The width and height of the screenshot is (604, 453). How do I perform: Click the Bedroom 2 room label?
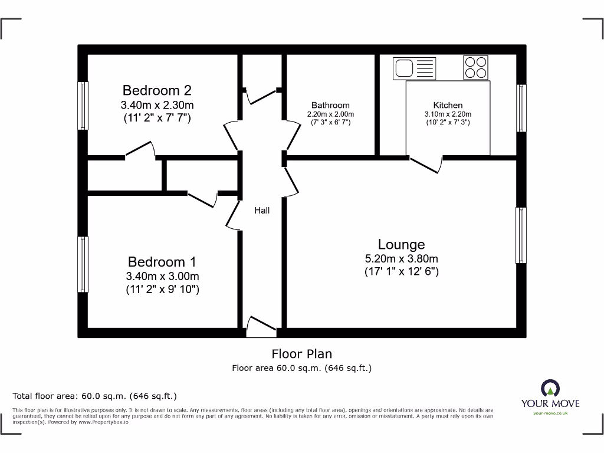coord(157,90)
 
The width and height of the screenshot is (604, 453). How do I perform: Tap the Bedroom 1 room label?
coord(162,262)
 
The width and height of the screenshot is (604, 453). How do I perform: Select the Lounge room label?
coord(401,244)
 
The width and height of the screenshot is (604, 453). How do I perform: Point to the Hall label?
coord(262,211)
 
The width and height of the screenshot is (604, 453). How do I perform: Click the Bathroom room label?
coord(330,106)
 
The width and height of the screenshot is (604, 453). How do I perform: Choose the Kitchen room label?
coord(448,106)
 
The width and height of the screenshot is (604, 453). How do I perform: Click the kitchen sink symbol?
coord(414,68)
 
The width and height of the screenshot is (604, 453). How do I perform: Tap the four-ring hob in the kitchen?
coord(476,67)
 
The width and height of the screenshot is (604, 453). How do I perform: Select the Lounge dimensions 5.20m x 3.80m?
coord(401,258)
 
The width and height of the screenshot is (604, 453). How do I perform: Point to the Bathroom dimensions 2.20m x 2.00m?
coord(330,114)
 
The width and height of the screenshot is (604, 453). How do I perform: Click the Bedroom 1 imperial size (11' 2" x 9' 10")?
coord(162,290)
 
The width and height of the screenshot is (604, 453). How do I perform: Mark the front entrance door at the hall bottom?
coord(260,328)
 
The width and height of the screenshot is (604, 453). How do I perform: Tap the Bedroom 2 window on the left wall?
coord(83,106)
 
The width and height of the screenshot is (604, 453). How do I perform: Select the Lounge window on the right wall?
coord(521,235)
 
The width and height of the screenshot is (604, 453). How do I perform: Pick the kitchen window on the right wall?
coord(521,108)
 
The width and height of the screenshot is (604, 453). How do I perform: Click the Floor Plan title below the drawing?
coord(301,354)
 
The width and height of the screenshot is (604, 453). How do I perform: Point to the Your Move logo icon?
coord(550,388)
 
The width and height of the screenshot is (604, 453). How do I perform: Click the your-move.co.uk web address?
coord(550,413)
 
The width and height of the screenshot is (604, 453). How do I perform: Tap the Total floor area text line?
coord(95,396)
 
